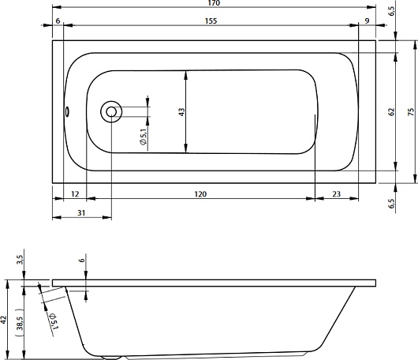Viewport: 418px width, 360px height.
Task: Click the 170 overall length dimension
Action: point(215,3)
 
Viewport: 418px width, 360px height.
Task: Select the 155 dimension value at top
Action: point(211,21)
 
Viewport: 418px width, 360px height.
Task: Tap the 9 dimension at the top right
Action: point(367,21)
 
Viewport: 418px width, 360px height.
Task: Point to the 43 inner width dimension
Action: point(181,112)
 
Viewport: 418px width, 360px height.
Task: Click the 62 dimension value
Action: point(391,112)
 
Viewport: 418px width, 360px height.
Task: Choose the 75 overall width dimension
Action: point(412,112)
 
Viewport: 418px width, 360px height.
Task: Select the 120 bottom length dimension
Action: point(200,194)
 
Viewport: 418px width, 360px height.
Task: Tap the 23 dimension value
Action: point(337,194)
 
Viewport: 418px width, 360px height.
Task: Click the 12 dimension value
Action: point(76,194)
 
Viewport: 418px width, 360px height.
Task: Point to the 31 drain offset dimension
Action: point(81,212)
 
